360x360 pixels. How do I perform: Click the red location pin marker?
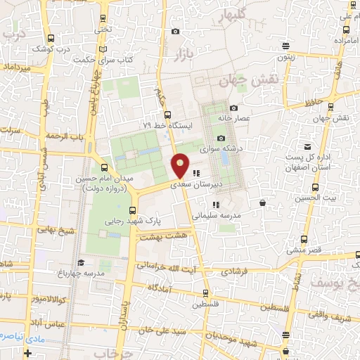[181, 165]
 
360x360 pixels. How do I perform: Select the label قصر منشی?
[304, 250]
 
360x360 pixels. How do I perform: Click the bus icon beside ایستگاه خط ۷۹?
[167, 115]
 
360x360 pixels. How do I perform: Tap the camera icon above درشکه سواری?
[221, 138]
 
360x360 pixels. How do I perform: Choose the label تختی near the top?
[103, 30]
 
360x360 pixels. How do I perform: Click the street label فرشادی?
[236, 270]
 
